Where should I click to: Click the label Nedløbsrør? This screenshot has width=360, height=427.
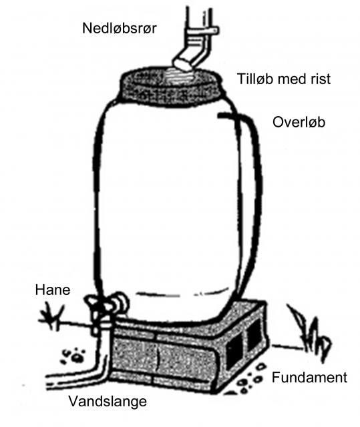[120, 28]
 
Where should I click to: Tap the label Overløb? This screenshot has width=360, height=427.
[299, 122]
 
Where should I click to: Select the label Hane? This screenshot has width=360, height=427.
[53, 290]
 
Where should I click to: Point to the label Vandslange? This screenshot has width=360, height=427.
[108, 401]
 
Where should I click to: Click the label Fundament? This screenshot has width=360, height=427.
[309, 378]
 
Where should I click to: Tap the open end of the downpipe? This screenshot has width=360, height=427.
[181, 65]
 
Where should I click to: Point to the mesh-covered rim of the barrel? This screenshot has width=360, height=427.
[171, 87]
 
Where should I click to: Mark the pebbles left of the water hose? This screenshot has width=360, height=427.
[73, 356]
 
